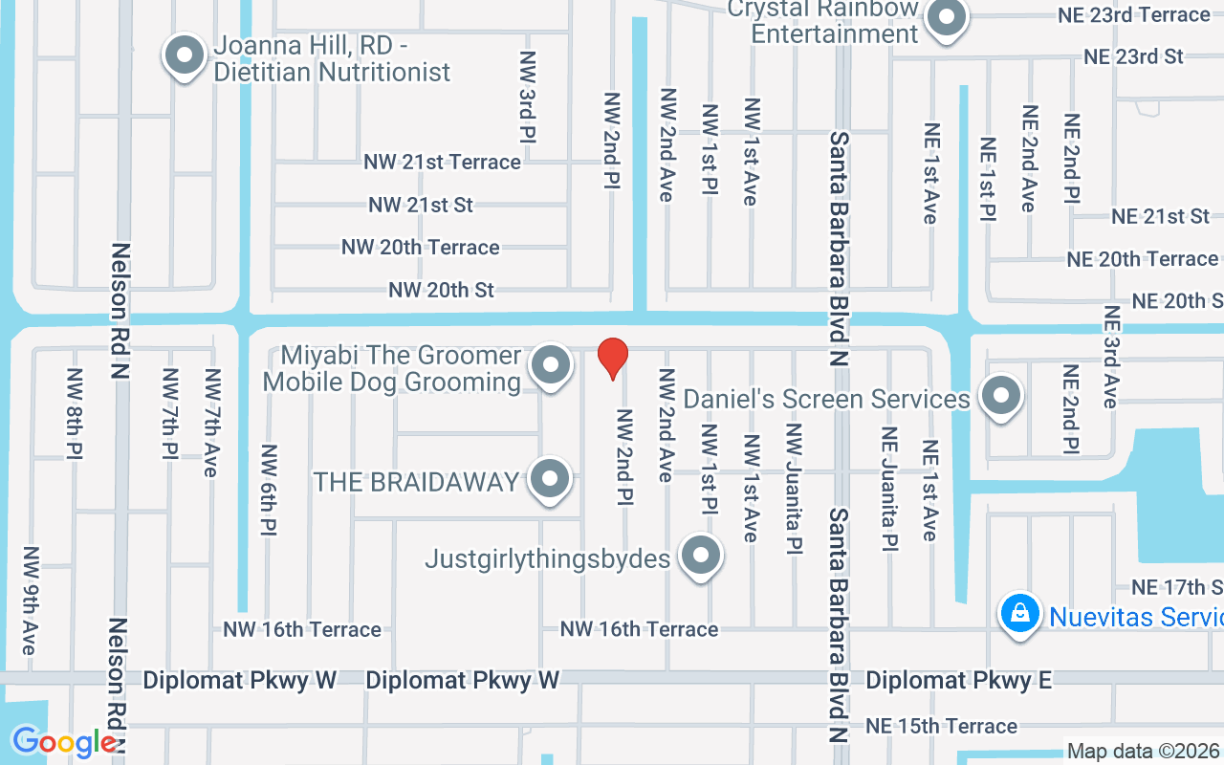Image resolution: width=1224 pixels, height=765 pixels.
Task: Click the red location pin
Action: [612, 359]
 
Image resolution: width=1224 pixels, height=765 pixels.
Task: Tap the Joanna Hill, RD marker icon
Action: [184, 56]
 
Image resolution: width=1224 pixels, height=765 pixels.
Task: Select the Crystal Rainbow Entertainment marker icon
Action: [947, 17]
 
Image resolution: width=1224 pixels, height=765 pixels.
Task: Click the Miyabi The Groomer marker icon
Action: [550, 366]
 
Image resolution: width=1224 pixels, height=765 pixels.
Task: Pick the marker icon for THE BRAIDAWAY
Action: [550, 480]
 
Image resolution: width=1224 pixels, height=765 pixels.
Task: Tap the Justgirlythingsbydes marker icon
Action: [701, 557]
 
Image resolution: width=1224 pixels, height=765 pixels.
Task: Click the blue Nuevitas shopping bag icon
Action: [1020, 613]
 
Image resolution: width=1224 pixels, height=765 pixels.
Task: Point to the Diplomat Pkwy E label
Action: [958, 680]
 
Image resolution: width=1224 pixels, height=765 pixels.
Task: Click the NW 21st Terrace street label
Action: [442, 163]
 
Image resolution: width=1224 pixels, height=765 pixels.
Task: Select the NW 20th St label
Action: [441, 290]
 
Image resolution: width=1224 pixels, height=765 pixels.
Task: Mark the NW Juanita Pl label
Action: [793, 488]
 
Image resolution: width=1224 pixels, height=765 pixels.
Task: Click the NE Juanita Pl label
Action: [889, 488]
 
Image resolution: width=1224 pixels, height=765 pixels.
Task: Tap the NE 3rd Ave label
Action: [1110, 356]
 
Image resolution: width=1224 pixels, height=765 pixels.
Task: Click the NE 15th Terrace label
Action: [941, 727]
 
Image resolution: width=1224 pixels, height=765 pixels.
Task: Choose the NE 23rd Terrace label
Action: [1133, 15]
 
